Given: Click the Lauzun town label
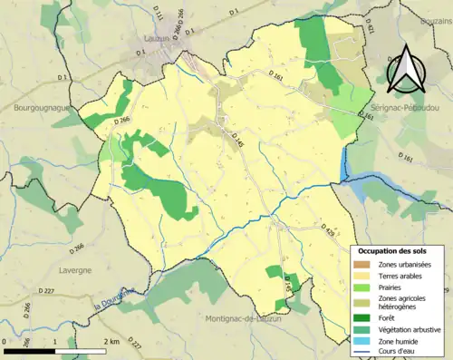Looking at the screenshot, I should (159, 39).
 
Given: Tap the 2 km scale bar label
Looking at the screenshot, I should (111, 341).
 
